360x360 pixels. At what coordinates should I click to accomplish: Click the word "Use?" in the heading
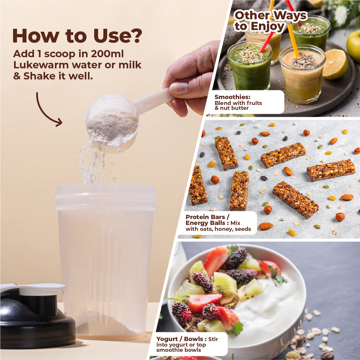118,36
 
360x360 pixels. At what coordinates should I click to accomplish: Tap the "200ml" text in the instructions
107,54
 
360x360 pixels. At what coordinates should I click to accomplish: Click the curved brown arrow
47,110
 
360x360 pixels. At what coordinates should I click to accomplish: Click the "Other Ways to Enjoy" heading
270,21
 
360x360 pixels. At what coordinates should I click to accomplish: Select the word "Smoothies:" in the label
232,97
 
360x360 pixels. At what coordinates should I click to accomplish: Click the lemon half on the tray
335,64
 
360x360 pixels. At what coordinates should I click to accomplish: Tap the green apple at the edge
354,45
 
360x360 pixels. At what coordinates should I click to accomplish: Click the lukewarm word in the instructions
41,65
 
